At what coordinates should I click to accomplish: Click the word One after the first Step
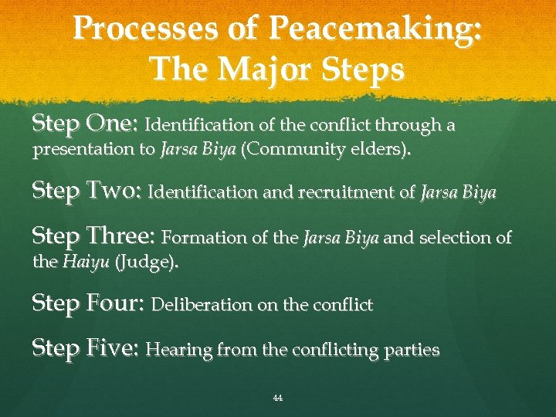113,124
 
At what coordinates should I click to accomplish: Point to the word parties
413,351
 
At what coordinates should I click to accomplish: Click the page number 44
278,398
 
